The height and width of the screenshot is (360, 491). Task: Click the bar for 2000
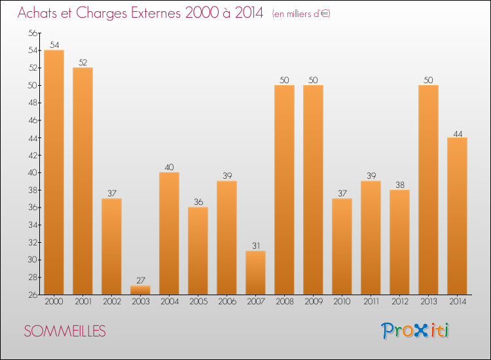pos(54,172)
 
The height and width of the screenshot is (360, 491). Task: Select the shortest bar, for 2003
pos(140,290)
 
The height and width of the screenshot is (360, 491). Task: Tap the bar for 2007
pos(255,272)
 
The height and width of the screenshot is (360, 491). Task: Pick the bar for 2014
pos(457,216)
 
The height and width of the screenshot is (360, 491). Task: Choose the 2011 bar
pos(371,238)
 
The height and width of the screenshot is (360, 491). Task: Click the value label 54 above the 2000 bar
pos(54,45)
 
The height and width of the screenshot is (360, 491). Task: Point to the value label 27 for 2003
pos(140,281)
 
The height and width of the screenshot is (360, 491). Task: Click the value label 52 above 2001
pos(82,63)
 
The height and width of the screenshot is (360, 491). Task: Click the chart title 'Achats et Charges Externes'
pos(140,13)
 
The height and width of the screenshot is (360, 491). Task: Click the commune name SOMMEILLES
pos(65,331)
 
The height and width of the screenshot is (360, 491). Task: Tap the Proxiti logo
pos(416,331)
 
